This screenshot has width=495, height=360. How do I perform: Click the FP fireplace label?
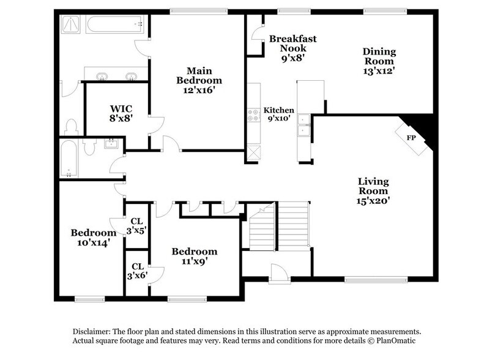click(x=411, y=138)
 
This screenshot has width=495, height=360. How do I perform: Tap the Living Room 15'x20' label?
click(x=374, y=190)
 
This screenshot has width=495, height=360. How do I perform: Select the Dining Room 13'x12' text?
click(x=380, y=61)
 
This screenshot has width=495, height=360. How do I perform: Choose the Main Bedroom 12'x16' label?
click(x=199, y=80)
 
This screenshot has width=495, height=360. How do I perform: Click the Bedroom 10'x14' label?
click(x=93, y=238)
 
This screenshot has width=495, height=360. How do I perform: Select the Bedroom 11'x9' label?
click(x=194, y=256)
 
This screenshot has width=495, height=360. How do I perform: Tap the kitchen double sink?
click(x=302, y=130)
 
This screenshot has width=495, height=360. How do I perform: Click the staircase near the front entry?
click(x=280, y=227)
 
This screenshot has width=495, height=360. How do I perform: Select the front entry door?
click(x=277, y=279)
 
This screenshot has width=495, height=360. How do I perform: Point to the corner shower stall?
click(x=72, y=26)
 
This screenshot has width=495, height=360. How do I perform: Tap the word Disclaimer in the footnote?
click(x=93, y=331)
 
